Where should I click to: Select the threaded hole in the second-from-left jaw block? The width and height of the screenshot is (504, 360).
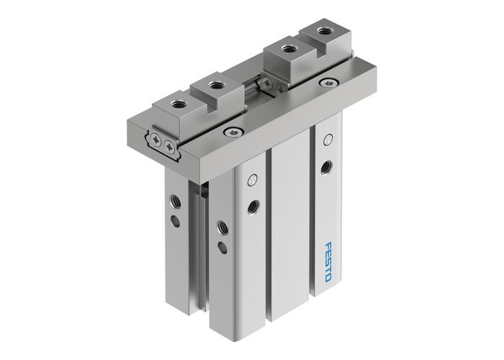tap(216, 86)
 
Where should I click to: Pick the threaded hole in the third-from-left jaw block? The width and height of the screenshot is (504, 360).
tap(289, 50)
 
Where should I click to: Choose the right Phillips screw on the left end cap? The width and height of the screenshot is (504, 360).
tap(170, 147)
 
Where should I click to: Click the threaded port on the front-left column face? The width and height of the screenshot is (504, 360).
tap(252, 207)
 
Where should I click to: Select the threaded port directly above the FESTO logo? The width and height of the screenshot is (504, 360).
tap(328, 166)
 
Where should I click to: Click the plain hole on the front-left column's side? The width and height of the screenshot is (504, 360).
tap(222, 248)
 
